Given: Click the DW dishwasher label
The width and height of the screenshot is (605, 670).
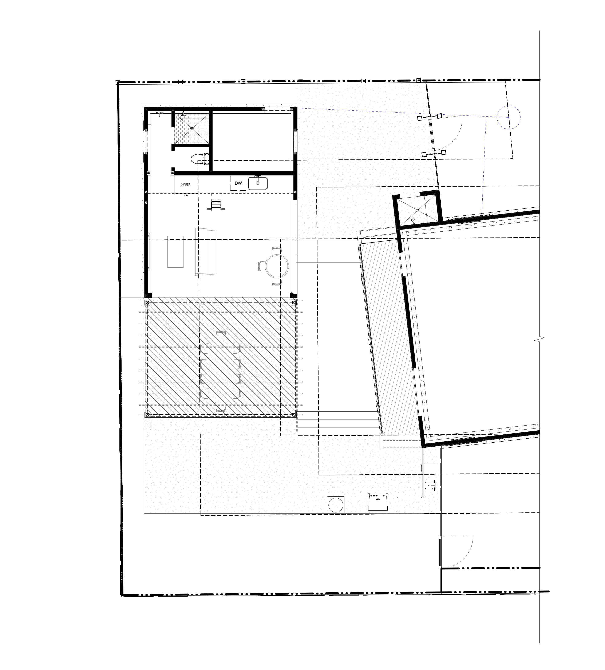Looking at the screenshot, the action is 238,183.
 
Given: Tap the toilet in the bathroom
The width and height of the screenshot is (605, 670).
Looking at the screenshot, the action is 200,159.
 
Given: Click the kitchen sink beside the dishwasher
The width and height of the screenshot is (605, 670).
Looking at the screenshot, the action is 258,183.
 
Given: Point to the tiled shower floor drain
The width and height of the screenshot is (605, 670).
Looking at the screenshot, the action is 192,128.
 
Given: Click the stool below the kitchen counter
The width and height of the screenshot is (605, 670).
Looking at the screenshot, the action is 216,204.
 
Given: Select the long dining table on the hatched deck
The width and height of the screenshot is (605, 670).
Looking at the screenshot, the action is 220,371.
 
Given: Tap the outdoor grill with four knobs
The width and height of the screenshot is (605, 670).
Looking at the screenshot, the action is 378,502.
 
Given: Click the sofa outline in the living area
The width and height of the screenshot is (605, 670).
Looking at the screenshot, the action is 205,252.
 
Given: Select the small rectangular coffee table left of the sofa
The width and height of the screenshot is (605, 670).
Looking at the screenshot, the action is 175,251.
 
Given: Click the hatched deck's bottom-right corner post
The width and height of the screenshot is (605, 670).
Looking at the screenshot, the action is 293,414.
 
